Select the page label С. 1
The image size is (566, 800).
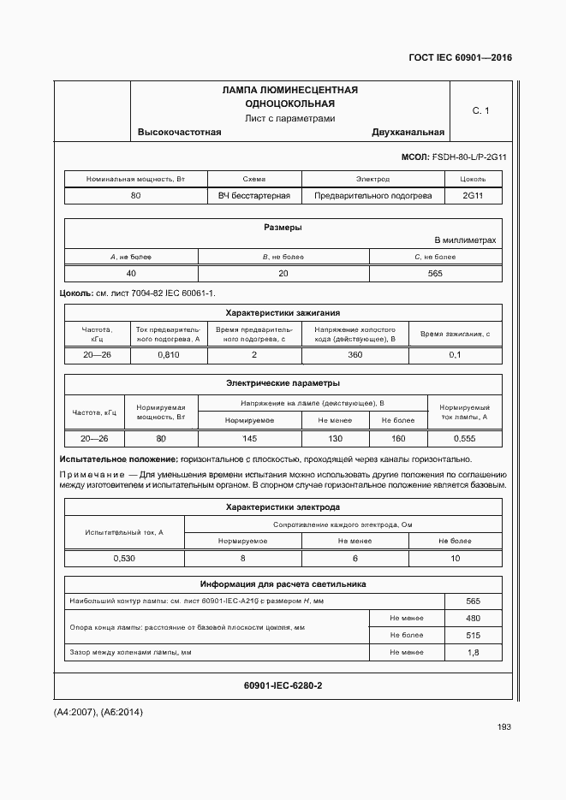click(x=480, y=111)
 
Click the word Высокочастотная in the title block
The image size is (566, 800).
click(x=180, y=132)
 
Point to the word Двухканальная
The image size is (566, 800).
click(x=408, y=132)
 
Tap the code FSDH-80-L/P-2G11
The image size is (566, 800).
click(x=470, y=157)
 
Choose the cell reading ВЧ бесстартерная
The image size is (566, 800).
click(x=254, y=196)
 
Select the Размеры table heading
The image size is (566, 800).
click(x=283, y=228)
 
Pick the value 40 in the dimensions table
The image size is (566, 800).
click(x=131, y=273)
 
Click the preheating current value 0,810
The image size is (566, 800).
click(x=169, y=354)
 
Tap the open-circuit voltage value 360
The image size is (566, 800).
click(x=354, y=354)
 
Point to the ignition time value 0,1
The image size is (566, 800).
click(x=455, y=354)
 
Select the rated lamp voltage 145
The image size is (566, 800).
click(x=249, y=438)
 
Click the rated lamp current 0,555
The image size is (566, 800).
click(x=464, y=438)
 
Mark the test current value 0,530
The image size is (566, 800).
click(x=124, y=558)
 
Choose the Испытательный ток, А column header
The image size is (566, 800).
click(x=124, y=532)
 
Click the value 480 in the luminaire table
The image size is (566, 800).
click(x=473, y=619)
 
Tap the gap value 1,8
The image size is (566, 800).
click(x=473, y=653)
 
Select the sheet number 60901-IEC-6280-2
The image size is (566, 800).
click(x=283, y=686)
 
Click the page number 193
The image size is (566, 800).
click(x=503, y=726)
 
